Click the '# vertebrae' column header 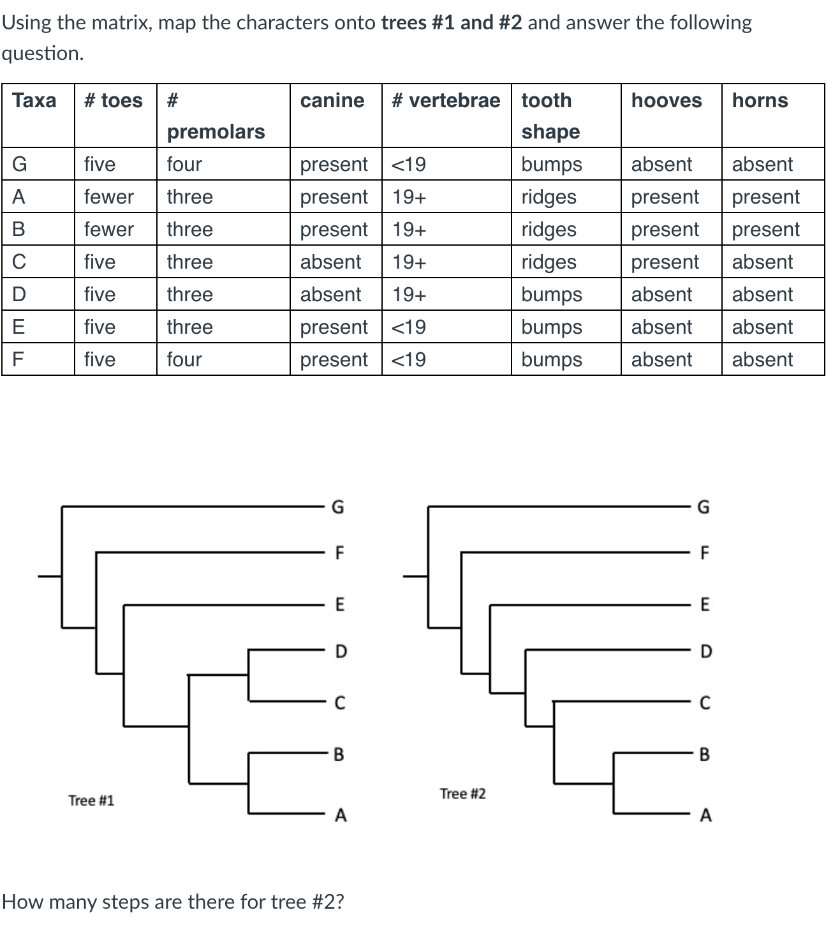446,101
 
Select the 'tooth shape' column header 550,116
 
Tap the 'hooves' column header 666,101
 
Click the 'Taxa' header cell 34,101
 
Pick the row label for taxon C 19,262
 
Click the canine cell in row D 330,294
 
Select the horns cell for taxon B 765,229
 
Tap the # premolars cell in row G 184,164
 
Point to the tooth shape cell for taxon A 549,197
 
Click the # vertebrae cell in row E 408,327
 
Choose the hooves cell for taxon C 665,262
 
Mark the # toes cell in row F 100,359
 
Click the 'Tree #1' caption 91,800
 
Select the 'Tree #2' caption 462,794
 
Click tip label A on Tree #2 705,816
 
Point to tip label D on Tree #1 341,652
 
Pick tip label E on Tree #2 704,604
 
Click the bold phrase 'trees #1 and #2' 452,23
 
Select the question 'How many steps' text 173,902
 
